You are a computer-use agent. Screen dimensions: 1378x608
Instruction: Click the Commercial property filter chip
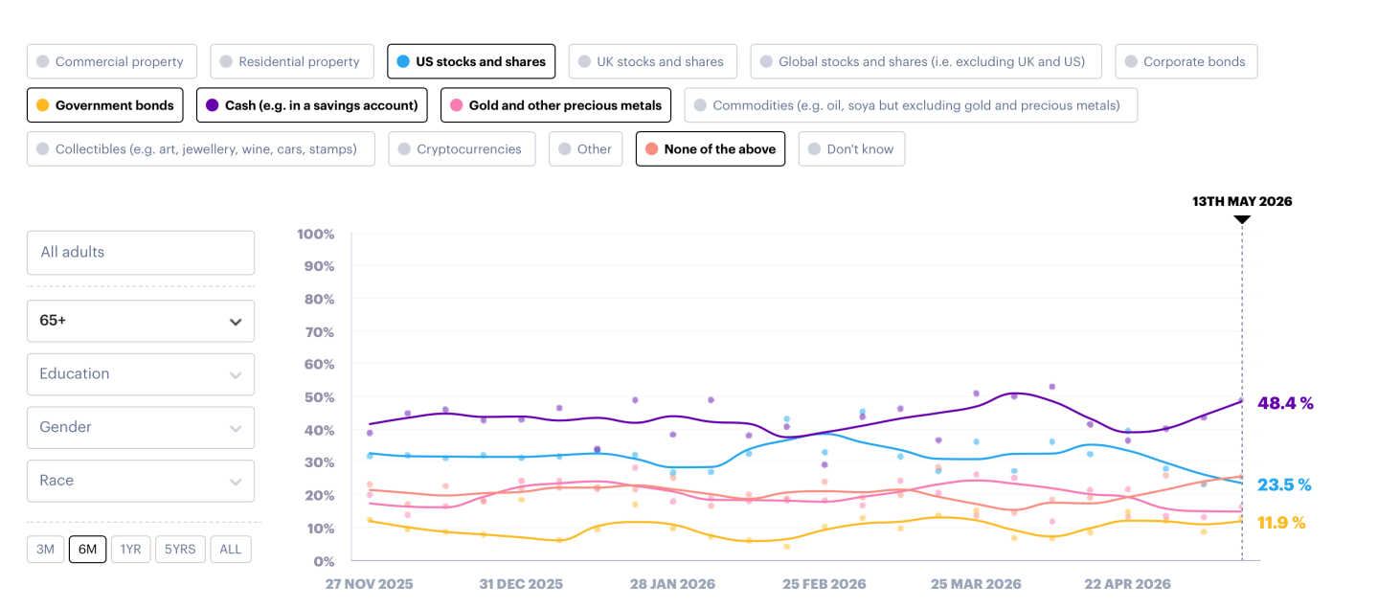(112, 61)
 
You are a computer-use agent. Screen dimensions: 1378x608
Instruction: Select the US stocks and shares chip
(471, 61)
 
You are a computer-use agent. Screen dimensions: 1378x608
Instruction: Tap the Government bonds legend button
(105, 105)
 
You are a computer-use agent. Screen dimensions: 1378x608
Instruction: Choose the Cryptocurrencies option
(462, 149)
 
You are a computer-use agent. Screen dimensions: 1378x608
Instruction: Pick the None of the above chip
(711, 149)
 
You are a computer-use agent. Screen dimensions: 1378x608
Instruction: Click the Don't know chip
(851, 149)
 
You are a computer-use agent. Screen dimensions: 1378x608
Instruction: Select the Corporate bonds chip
(1186, 61)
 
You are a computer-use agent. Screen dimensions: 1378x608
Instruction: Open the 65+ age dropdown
(141, 321)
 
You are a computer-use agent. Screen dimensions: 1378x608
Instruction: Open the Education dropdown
(141, 374)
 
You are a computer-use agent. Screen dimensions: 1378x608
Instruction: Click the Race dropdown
(141, 482)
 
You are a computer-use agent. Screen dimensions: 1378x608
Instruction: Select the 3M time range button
(46, 549)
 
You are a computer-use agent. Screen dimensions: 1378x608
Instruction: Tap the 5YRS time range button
(180, 549)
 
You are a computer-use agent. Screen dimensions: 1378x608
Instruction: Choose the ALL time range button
(231, 549)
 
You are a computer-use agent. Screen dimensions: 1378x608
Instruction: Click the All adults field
(141, 253)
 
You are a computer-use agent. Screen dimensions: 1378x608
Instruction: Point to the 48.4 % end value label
(1285, 403)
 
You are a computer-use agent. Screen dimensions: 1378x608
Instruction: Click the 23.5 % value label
(1284, 484)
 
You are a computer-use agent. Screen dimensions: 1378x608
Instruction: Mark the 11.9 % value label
(1281, 523)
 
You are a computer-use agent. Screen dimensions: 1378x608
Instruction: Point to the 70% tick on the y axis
(319, 332)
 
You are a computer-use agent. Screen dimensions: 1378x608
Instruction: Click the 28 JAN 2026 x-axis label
(672, 584)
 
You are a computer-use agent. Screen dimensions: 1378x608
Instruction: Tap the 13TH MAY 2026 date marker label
(1242, 201)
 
